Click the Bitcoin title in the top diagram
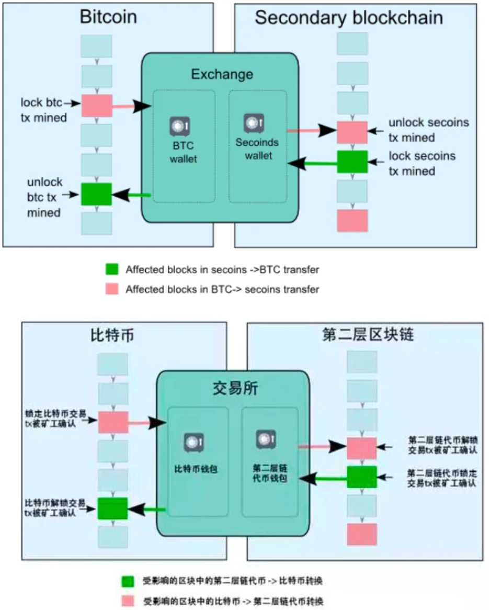pos(108,17)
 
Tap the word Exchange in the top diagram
pos(222,74)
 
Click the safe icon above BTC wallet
pos(179,126)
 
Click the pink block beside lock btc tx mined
pos(97,106)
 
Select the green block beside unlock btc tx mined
pos(96,194)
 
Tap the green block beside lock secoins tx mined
pos(352,162)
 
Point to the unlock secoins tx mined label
pos(428,130)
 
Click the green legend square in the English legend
pos(111,270)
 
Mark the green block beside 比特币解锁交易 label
pos(112,508)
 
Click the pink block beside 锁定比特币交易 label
pos(113,422)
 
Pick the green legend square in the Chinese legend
pos(128,582)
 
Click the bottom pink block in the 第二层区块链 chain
pos(362,534)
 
